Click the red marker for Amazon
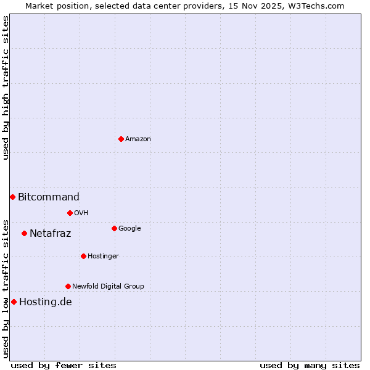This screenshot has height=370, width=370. click(x=121, y=139)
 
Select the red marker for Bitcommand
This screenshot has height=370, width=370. click(x=12, y=197)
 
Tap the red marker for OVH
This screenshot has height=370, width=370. click(x=70, y=213)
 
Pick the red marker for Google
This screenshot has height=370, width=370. click(x=114, y=228)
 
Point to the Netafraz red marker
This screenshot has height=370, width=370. click(x=24, y=233)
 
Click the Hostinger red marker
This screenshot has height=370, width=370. click(x=83, y=256)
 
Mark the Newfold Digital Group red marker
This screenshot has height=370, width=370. click(x=68, y=286)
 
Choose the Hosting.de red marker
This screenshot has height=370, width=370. click(x=14, y=302)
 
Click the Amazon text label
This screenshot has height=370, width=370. click(x=138, y=139)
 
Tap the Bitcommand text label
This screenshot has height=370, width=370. click(x=49, y=197)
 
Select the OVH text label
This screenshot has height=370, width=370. click(x=81, y=213)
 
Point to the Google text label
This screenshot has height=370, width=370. click(x=129, y=229)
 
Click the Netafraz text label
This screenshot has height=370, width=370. click(x=51, y=234)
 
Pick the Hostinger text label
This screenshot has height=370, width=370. click(x=103, y=257)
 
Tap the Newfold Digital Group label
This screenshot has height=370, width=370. click(x=108, y=287)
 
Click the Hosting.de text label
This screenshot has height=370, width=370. click(x=46, y=302)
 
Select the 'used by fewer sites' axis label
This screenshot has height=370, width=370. click(x=64, y=365)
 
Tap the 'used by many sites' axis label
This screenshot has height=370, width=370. click(x=310, y=365)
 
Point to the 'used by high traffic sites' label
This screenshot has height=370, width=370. click(x=6, y=88)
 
